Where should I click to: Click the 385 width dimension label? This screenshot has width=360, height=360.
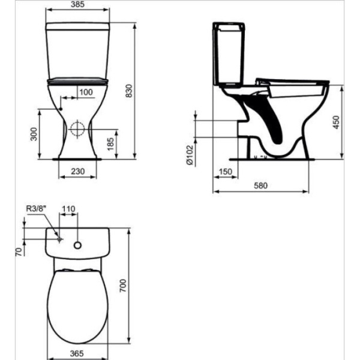(77, 4)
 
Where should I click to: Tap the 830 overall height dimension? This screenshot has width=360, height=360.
(129, 91)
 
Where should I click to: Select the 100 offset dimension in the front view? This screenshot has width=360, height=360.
(86, 92)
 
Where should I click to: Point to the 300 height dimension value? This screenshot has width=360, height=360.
(34, 134)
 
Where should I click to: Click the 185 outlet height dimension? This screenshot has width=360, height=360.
(110, 144)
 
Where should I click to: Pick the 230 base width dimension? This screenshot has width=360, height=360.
(77, 171)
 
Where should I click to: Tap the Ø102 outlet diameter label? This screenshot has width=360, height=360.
(190, 155)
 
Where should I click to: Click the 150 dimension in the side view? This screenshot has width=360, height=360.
(226, 172)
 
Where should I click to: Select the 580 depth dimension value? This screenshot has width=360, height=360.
(261, 185)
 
